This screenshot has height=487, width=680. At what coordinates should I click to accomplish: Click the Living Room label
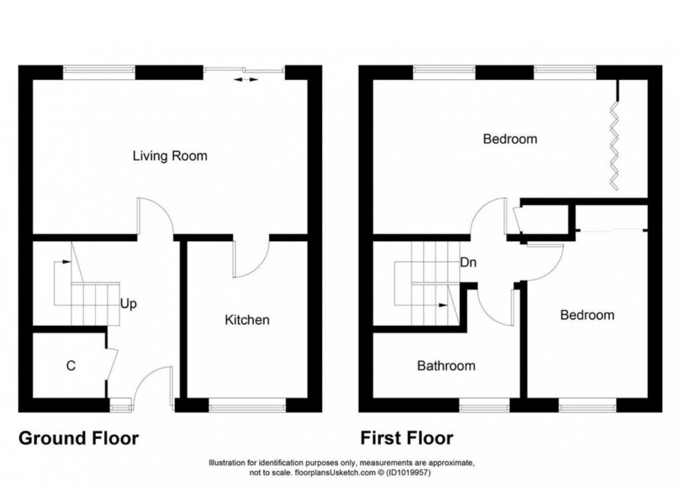pyautogui.click(x=170, y=156)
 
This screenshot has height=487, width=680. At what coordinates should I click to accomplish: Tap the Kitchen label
pyautogui.click(x=246, y=320)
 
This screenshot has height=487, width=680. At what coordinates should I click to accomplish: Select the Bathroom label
pyautogui.click(x=445, y=365)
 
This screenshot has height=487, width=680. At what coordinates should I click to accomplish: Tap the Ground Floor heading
pyautogui.click(x=78, y=438)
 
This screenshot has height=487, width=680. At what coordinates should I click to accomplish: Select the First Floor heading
pyautogui.click(x=406, y=438)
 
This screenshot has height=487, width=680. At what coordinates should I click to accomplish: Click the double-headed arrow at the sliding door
pyautogui.click(x=244, y=81)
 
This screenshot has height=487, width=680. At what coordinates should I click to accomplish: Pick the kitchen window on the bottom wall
pyautogui.click(x=248, y=401)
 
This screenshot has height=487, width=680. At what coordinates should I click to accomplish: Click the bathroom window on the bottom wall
pyautogui.click(x=484, y=401)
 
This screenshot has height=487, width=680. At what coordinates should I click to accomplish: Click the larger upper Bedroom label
pyautogui.click(x=510, y=139)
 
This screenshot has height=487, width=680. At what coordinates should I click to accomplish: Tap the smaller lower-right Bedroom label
pyautogui.click(x=587, y=315)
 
